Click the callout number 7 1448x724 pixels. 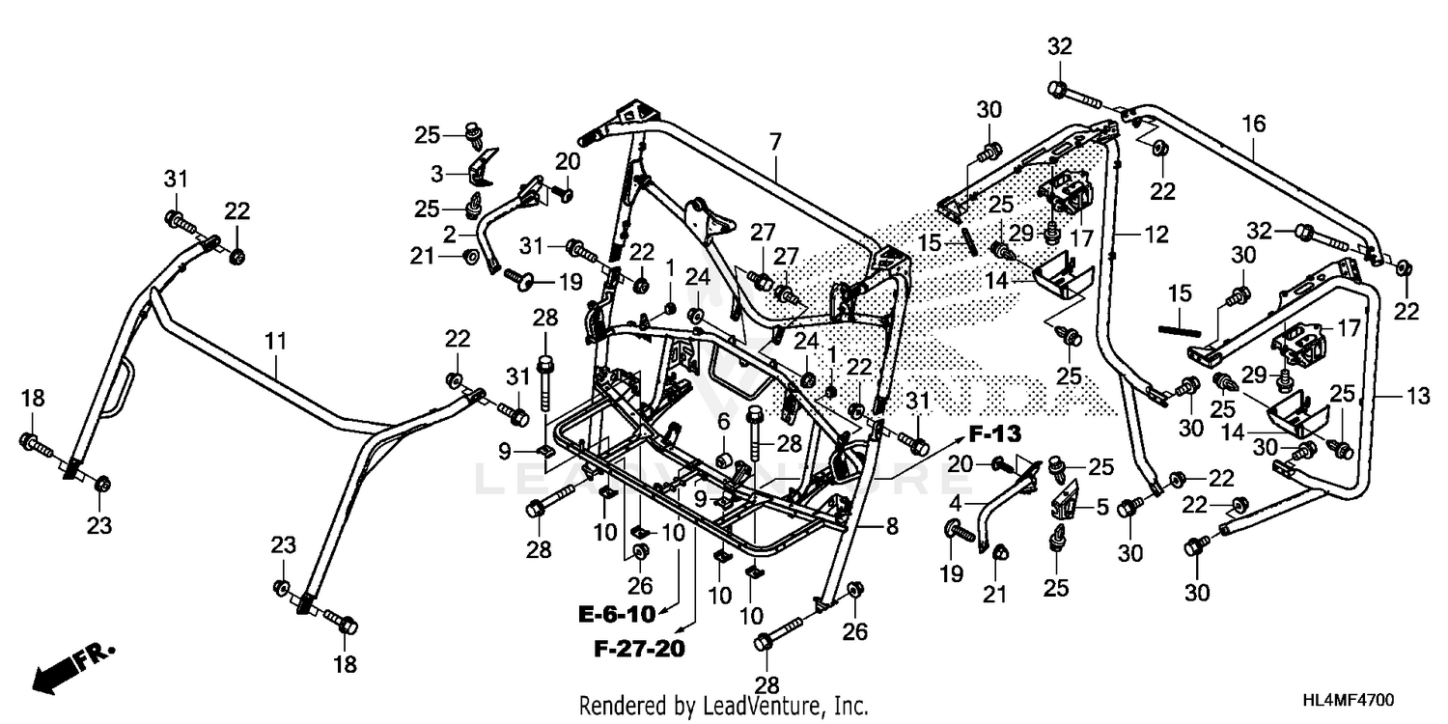point(774,143)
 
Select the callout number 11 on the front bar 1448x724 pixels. point(277,340)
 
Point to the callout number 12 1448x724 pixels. point(1156,234)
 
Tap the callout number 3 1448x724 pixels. point(437,173)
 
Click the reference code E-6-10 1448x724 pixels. point(617,614)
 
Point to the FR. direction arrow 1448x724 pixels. point(72,665)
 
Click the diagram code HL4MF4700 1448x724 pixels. point(1352,699)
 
